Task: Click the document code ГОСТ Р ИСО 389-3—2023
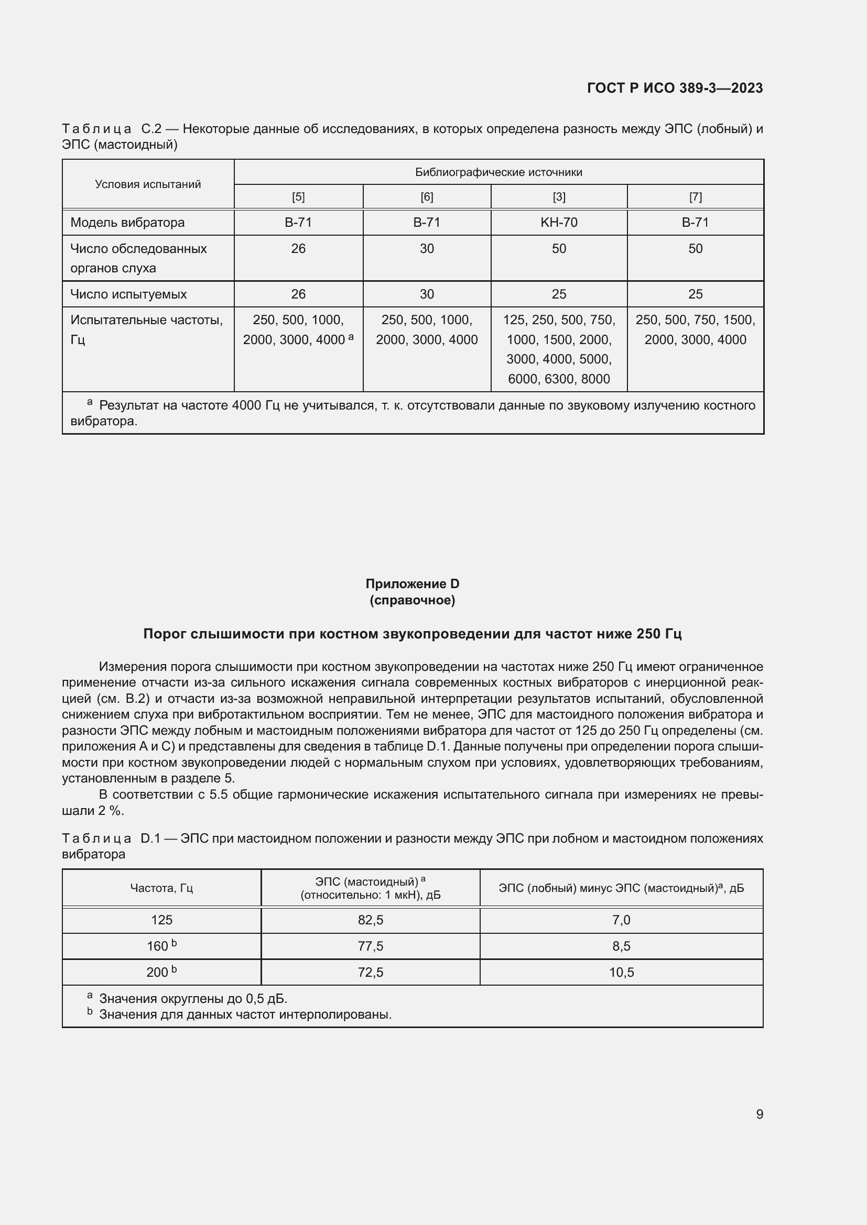tap(674, 88)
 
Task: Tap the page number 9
tap(759, 1114)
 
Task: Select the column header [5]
tap(298, 197)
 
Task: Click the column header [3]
tap(558, 197)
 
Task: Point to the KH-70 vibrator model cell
tap(558, 223)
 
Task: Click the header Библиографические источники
tap(498, 172)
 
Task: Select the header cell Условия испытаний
tap(148, 184)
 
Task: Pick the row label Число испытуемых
tap(128, 294)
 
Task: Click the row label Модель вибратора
tap(127, 223)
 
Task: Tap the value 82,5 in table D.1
tap(371, 920)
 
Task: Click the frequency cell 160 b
tap(161, 946)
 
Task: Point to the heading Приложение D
tap(412, 583)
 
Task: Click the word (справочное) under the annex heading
tap(412, 600)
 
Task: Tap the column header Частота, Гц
tap(161, 888)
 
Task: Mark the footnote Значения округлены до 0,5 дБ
tap(193, 999)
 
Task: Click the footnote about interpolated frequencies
tap(245, 1014)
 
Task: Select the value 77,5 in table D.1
tap(371, 946)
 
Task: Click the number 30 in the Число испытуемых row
tap(427, 294)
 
